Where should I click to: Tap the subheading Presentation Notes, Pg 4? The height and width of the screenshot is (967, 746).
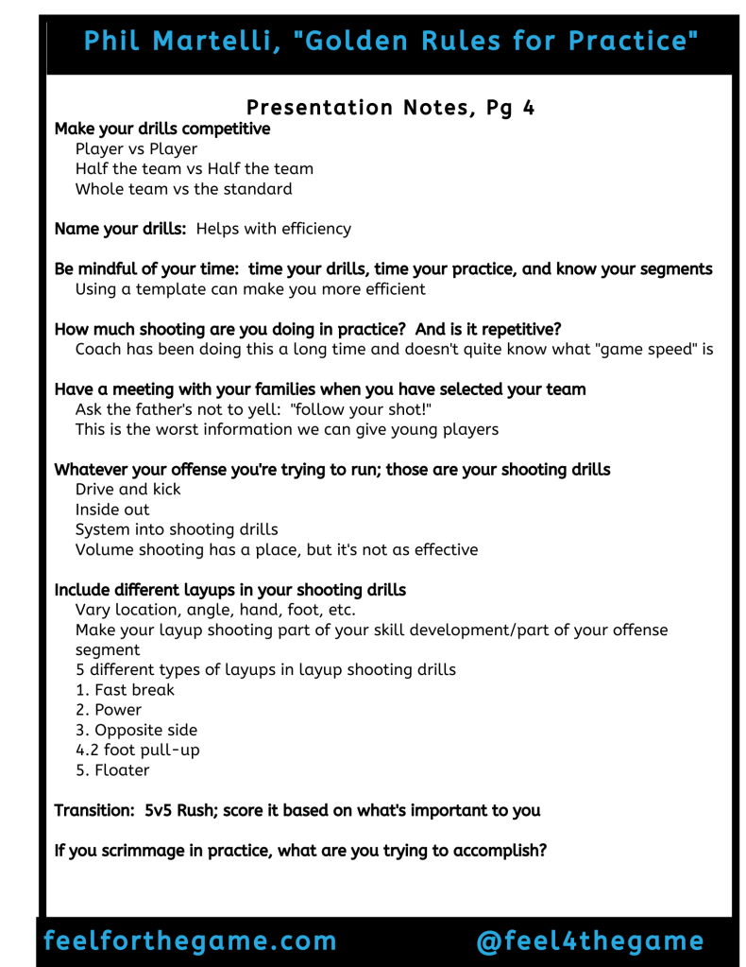390,108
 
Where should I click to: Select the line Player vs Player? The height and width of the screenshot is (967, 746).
136,148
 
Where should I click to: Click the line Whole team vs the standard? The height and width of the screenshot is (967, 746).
183,188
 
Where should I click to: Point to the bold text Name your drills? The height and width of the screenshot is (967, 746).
122,229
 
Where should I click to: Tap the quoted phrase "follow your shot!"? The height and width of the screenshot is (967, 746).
357,409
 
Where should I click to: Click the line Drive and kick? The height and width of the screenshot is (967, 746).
127,490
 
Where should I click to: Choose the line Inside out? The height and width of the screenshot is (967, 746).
112,509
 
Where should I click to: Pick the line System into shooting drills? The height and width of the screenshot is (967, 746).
177,529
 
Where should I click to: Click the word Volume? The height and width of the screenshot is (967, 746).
105,549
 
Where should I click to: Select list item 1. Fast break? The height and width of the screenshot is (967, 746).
125,690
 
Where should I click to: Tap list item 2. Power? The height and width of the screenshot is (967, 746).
109,710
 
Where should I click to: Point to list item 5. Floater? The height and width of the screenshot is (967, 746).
112,770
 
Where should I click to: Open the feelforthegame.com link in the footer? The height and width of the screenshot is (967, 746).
190,941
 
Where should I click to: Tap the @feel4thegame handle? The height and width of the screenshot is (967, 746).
590,941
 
